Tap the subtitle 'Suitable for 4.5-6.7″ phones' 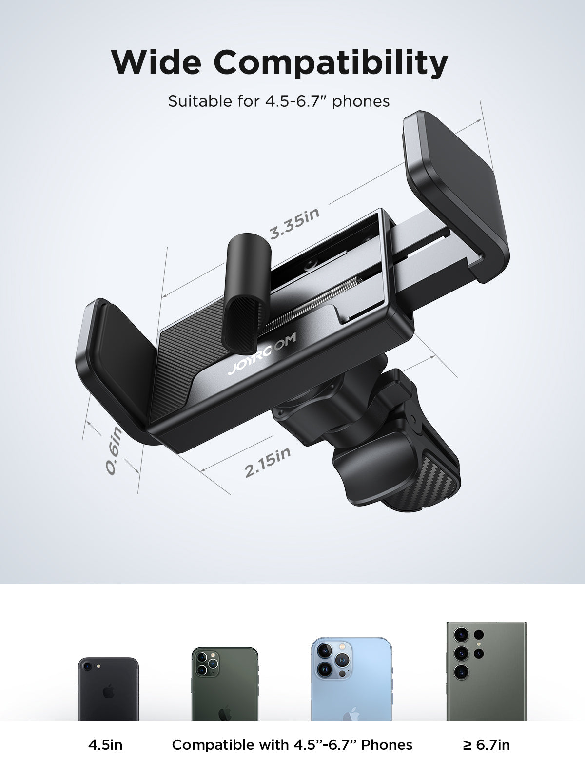coord(279,101)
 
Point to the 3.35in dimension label coord(295,223)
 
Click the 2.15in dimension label coord(268,462)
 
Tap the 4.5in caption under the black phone coord(105,745)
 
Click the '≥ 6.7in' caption coord(486,745)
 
